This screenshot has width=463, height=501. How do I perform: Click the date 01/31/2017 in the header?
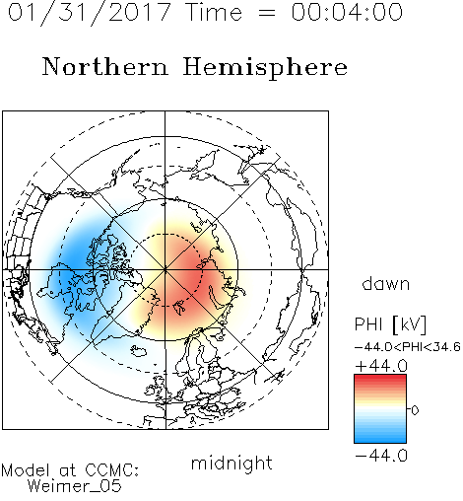pos(90,13)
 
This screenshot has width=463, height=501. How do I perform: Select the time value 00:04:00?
pos(347,12)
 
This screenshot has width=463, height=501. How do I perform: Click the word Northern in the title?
pos(105,66)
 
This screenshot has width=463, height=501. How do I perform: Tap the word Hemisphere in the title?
pos(265,68)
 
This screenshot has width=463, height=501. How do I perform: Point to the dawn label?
pos(386,284)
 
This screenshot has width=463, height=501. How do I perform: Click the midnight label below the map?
pos(231,463)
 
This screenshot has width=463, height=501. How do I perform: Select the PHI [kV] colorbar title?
pos(390,324)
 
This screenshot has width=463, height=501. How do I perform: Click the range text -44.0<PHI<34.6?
pos(407,347)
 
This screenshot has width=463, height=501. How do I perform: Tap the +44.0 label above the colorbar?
pos(381,366)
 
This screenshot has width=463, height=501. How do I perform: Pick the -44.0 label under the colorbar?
pos(381,456)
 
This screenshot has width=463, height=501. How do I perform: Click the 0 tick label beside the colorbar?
pos(415,410)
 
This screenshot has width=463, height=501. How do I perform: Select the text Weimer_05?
pos(75,485)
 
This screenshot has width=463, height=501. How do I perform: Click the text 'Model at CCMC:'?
pos(70,470)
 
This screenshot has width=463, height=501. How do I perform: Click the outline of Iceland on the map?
pos(139,351)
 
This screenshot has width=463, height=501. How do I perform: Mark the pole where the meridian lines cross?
pos(165,269)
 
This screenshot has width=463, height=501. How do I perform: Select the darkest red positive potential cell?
pos(192,276)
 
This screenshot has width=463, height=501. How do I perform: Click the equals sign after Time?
pos(267,14)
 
